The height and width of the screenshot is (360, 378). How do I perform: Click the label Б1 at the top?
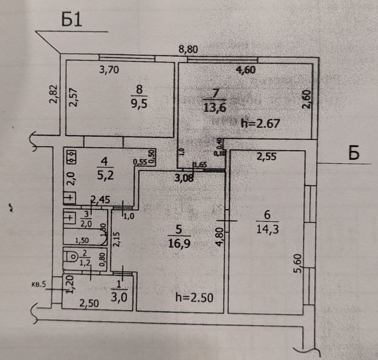point(73,19)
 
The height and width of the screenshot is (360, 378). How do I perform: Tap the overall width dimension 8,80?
point(190,50)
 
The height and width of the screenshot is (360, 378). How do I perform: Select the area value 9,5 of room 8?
point(139,102)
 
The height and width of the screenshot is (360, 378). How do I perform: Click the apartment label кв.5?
point(39,285)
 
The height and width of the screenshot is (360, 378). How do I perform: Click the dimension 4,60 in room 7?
point(246,69)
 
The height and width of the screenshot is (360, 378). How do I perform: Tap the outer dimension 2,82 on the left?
point(53,95)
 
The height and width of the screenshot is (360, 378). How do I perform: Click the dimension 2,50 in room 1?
point(89,303)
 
